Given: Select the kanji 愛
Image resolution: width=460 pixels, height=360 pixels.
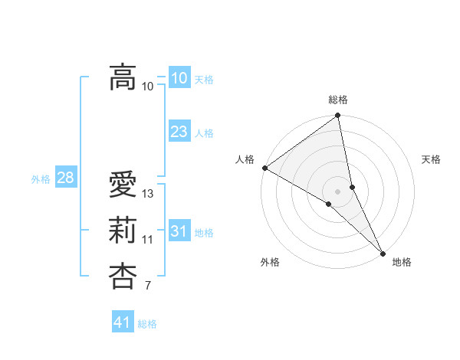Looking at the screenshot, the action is point(123,185).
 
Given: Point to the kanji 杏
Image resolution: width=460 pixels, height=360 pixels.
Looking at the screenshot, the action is point(123,276).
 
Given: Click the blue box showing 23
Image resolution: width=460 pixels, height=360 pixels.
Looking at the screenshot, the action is point(179,132).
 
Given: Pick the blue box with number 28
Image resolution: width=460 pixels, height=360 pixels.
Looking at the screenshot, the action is point(65,178).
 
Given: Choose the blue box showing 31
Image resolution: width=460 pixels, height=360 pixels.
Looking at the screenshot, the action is point(179,231).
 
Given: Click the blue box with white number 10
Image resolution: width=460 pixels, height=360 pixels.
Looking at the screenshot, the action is point(179,78).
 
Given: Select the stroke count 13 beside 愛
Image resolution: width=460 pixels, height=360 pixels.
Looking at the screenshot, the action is point(149,194).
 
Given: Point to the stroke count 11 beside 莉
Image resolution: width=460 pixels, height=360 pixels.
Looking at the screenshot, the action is point(148,240).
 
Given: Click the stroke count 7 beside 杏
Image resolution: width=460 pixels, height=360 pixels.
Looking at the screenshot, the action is point(148,286).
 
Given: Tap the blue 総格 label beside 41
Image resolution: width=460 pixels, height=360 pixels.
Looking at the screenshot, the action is point(147,324).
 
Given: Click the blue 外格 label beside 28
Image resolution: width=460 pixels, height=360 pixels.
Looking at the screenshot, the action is point(41,179).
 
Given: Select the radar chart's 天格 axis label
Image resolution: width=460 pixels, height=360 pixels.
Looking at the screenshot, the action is point(431,159).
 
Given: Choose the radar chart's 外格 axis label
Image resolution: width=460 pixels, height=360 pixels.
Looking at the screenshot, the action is point(270,262).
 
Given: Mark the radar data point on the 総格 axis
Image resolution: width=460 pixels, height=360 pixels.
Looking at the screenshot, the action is point(338,116).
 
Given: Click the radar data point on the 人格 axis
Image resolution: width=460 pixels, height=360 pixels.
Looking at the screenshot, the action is point(264,168).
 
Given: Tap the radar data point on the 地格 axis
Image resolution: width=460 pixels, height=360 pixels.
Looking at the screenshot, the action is point(383,252).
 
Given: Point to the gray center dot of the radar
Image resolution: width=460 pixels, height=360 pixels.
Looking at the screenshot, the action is point(338,191).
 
